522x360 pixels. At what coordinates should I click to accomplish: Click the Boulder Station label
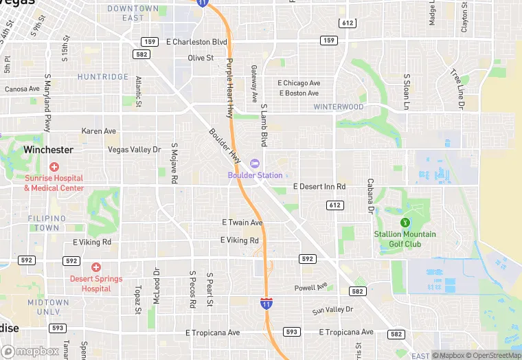tap(256, 175)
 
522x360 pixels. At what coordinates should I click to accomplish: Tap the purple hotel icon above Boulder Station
tap(255, 164)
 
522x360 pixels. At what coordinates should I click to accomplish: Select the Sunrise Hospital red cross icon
tap(54, 167)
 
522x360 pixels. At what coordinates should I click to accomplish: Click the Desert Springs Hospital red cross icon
tap(95, 267)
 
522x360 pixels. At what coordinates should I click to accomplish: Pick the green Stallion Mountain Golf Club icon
tap(405, 222)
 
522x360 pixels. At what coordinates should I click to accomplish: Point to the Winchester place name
tap(48, 149)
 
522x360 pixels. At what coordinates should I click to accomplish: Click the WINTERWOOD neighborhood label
tap(338, 107)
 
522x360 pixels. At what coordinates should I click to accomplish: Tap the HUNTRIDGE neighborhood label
tap(103, 77)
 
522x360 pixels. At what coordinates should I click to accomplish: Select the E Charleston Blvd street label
tap(196, 42)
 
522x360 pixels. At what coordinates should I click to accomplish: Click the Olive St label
tap(201, 58)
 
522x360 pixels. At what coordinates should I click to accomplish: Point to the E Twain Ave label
tap(242, 223)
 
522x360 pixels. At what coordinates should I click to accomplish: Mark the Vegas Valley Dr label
tap(134, 149)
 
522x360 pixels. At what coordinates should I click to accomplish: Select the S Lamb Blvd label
tap(263, 125)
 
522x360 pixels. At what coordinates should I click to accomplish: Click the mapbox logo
tap(30, 352)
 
